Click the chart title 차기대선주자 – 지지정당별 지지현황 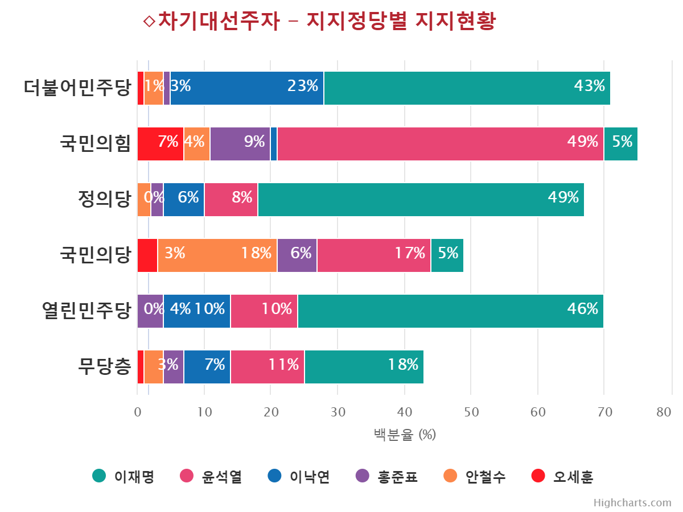point(319,22)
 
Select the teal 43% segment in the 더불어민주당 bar point(467,88)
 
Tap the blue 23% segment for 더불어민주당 point(247,88)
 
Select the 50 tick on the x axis point(471,412)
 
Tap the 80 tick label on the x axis point(664,412)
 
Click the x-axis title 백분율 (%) point(405,435)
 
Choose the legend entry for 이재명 point(124,477)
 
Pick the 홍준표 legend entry point(387,477)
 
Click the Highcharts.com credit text point(632,503)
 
